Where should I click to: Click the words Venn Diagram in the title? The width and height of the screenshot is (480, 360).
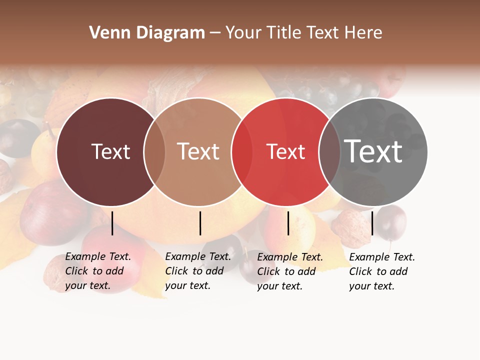click(x=147, y=33)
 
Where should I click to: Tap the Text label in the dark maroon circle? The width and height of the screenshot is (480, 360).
click(x=110, y=151)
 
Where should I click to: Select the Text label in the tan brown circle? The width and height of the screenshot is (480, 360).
click(x=198, y=151)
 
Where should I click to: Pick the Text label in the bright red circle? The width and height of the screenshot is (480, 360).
click(x=285, y=151)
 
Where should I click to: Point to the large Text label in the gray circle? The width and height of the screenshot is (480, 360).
click(x=373, y=151)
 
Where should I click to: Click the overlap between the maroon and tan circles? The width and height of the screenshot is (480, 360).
click(x=154, y=151)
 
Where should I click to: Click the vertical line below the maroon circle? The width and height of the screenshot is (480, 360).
click(x=112, y=223)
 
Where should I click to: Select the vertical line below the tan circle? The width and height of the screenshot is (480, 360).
click(x=200, y=223)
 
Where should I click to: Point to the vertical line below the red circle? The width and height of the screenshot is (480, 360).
click(x=288, y=223)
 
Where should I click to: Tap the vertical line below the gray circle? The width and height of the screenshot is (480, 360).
click(x=372, y=223)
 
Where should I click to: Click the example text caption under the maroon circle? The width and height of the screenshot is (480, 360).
click(x=98, y=271)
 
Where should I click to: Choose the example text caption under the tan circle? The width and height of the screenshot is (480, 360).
click(x=198, y=271)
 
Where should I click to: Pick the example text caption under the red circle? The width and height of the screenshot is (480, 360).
click(x=290, y=271)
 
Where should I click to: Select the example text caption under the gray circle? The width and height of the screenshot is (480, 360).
click(x=382, y=271)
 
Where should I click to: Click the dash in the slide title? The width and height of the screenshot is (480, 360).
click(x=215, y=33)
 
